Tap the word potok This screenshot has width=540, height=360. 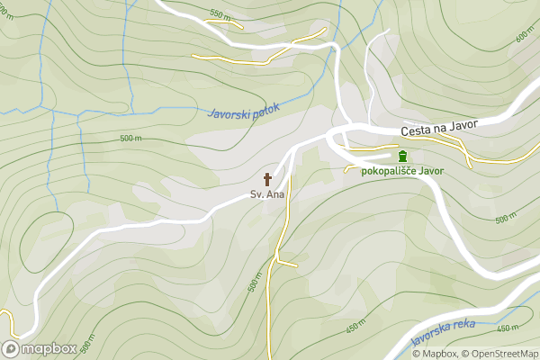pos(266,107)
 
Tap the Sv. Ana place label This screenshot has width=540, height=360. pos(267,194)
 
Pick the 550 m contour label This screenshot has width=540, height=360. pos(220,13)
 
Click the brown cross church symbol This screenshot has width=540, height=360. pos(267,178)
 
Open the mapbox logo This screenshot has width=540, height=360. pos(40,348)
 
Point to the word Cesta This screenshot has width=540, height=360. pos(417,131)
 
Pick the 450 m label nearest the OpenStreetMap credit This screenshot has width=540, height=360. pos(508,328)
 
